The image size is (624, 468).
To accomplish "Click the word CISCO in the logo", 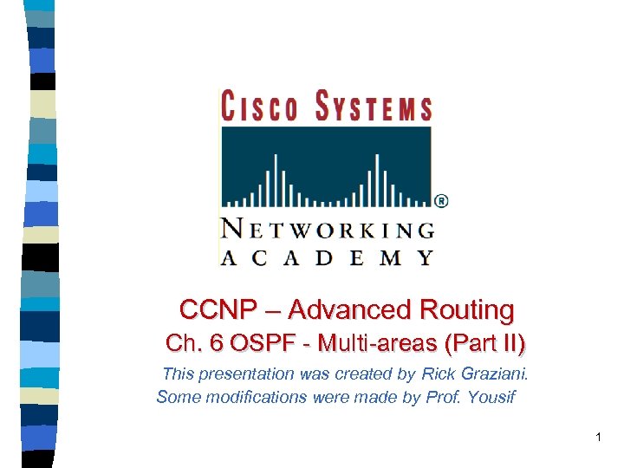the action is (257, 108).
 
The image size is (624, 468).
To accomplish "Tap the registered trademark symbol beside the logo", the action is (441, 201).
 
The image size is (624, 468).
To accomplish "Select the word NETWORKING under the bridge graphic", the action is (328, 229).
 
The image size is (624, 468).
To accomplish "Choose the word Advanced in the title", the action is (350, 309).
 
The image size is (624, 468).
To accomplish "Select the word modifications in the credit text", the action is (250, 398).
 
